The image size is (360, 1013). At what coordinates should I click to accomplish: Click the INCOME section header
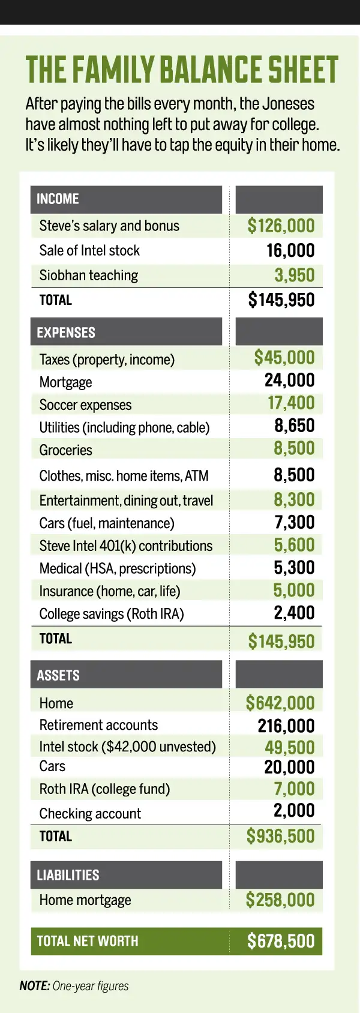pyautogui.click(x=58, y=199)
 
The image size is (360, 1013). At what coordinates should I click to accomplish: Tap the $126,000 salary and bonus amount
pyautogui.click(x=281, y=226)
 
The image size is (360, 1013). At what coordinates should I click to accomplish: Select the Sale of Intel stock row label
pyautogui.click(x=89, y=251)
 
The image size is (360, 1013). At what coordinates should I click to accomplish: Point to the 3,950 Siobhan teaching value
pyautogui.click(x=295, y=275)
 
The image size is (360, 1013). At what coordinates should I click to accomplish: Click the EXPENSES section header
pyautogui.click(x=66, y=333)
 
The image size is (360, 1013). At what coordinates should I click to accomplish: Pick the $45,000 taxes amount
pyautogui.click(x=284, y=358)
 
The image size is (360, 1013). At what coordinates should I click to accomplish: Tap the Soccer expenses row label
pyautogui.click(x=85, y=405)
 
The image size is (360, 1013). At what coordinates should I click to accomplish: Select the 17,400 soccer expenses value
pyautogui.click(x=291, y=403)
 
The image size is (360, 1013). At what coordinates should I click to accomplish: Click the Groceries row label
pyautogui.click(x=66, y=450)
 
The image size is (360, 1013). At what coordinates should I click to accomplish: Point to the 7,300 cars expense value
pyautogui.click(x=295, y=523)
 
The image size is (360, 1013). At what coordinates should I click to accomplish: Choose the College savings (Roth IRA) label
pyautogui.click(x=112, y=614)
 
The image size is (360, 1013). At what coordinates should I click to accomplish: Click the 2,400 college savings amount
pyautogui.click(x=294, y=613)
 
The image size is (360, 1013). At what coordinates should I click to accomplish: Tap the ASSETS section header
pyautogui.click(x=58, y=676)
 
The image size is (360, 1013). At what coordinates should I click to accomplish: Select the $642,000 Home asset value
pyautogui.click(x=280, y=703)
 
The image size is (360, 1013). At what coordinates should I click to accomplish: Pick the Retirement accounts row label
pyautogui.click(x=98, y=725)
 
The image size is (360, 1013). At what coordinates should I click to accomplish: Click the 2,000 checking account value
pyautogui.click(x=294, y=811)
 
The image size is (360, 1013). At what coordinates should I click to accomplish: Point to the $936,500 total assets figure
pyautogui.click(x=280, y=837)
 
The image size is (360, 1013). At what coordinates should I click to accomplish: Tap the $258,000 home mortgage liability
pyautogui.click(x=280, y=900)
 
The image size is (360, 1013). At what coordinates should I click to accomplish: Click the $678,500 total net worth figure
pyautogui.click(x=281, y=941)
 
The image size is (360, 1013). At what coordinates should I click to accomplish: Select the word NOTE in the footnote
pyautogui.click(x=34, y=986)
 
